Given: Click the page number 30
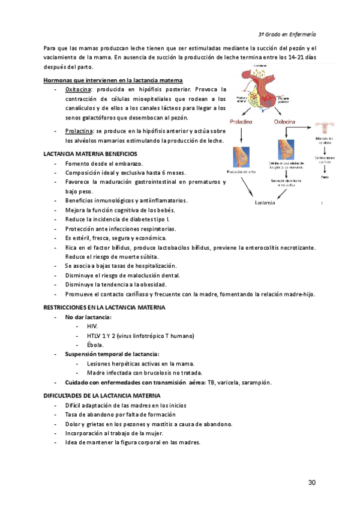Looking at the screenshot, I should (311, 483).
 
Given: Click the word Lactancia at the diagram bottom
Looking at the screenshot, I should (265, 203).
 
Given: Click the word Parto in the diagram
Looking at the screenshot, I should (324, 178).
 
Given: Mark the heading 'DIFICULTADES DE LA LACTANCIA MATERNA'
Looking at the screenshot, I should (102, 396).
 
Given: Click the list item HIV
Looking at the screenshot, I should (92, 326).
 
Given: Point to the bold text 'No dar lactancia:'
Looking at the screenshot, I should (88, 316).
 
